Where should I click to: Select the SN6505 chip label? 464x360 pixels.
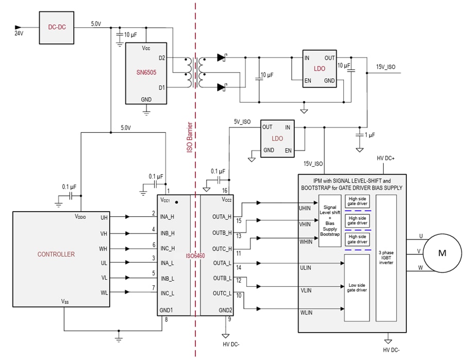(x=146, y=73)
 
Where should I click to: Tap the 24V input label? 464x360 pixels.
(x=19, y=33)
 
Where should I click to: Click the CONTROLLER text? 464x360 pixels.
(x=56, y=254)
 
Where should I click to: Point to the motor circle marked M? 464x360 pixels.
(x=442, y=252)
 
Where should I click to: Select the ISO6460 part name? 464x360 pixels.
(x=195, y=255)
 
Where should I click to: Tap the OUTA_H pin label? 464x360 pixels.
(x=222, y=217)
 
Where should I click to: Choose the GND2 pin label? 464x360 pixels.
(x=226, y=310)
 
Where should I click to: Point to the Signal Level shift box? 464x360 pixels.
(x=330, y=220)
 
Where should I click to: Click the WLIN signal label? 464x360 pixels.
(x=306, y=312)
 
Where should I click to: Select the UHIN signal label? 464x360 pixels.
(x=306, y=208)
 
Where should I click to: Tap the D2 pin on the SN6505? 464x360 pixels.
(x=161, y=58)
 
